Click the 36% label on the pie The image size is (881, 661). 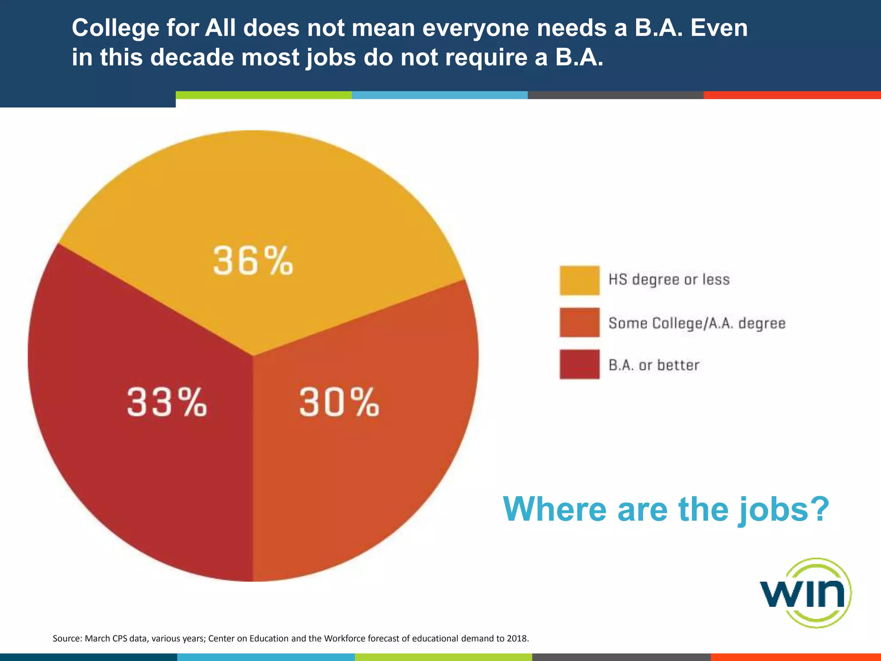click(253, 261)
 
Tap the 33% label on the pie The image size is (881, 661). click(167, 402)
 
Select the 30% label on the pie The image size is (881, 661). click(339, 402)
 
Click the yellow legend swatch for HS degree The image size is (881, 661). click(579, 281)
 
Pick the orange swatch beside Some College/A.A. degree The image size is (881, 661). click(579, 322)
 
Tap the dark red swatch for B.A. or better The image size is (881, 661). click(579, 364)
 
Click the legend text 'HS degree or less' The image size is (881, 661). click(669, 280)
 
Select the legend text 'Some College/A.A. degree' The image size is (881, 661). click(697, 323)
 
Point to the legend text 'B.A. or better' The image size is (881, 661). click(654, 365)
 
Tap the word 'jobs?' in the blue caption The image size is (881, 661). click(783, 510)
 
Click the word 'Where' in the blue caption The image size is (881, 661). click(555, 510)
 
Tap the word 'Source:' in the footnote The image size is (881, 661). click(67, 638)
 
